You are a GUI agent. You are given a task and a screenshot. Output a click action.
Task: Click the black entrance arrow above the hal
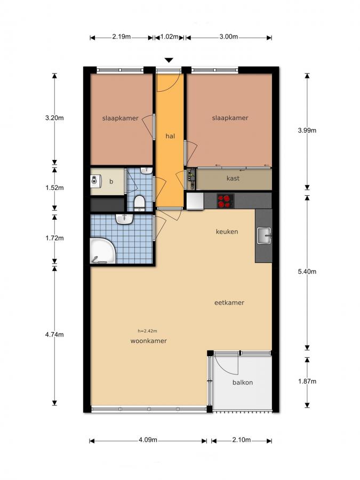169,60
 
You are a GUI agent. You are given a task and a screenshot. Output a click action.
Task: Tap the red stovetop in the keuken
226,201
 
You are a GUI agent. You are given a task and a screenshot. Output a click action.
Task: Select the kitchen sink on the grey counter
264,236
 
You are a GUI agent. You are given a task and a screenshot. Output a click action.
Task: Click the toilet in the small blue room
140,203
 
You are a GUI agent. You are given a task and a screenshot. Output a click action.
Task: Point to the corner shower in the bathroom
102,251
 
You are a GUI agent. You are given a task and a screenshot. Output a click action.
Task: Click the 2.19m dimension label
121,37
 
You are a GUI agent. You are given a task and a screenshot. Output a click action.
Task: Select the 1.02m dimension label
169,37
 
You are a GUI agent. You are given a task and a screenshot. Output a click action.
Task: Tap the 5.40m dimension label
307,271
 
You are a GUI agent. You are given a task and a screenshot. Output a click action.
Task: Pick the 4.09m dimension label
148,440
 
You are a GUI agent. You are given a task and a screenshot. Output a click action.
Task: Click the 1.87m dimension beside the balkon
307,381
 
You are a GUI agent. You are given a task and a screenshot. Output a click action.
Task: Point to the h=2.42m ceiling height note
147,331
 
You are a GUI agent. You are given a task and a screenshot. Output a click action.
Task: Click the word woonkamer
148,341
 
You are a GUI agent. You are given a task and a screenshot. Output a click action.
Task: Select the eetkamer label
229,303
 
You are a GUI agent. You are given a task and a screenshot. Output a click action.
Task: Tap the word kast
233,178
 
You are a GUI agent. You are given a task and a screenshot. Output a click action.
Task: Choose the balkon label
243,382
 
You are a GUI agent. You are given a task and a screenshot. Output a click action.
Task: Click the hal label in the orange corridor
170,136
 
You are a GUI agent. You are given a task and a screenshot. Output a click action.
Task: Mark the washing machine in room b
97,180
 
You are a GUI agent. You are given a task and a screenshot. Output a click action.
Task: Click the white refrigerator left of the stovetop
195,201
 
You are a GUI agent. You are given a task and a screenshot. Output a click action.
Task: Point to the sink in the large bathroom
124,219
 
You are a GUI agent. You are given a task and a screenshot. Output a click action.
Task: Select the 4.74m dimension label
54,334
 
